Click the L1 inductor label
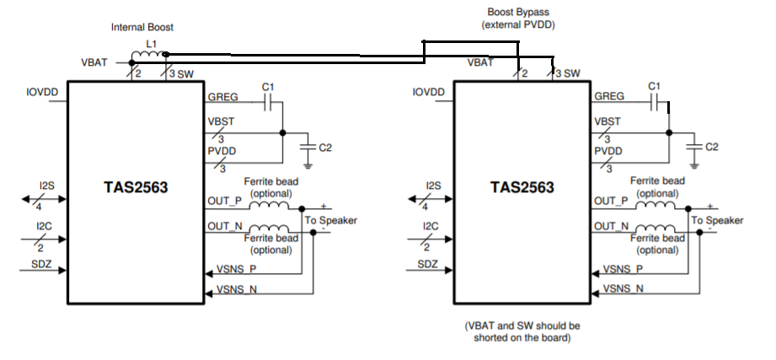point(152,42)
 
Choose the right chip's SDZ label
point(428,265)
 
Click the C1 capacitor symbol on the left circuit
point(269,103)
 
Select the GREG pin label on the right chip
point(609,96)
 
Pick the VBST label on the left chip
point(221,121)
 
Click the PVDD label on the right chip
point(608,151)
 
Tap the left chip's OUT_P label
point(223,201)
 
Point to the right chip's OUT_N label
point(611,226)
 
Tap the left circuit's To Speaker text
point(331,220)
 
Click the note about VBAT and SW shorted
point(522,331)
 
